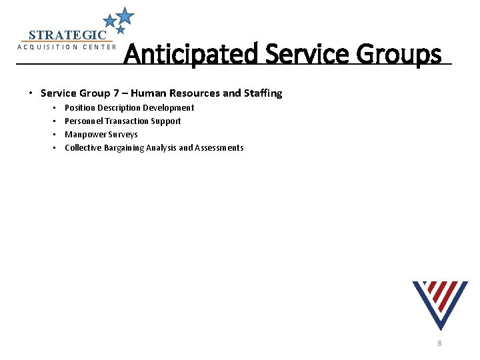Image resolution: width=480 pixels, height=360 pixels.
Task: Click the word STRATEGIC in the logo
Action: [67, 35]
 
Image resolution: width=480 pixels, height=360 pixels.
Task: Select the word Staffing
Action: [263, 93]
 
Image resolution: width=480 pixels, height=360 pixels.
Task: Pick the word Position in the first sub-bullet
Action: [79, 107]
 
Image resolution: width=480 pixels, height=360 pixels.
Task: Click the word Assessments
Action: [219, 147]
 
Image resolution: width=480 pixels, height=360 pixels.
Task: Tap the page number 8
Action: [439, 343]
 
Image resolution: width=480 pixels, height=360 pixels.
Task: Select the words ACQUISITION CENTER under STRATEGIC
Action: [67, 47]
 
